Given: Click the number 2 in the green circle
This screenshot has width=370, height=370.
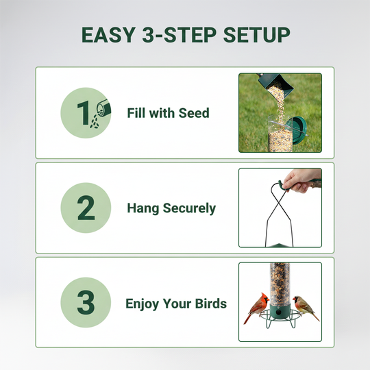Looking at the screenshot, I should point(86,208).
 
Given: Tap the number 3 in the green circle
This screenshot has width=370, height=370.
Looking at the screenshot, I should point(86,303).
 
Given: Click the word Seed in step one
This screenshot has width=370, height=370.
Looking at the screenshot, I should point(193,113).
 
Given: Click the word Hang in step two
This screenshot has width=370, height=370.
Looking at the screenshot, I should point(143,208).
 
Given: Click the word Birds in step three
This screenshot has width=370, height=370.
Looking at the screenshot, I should point(210,304).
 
